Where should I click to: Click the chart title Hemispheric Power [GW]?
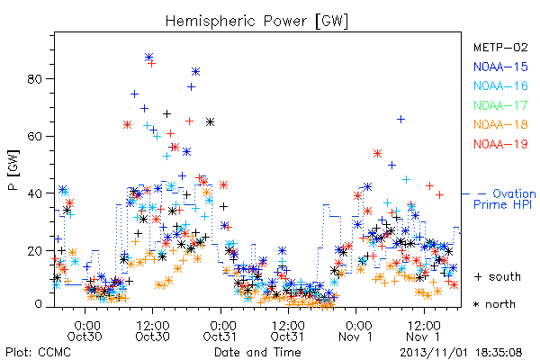256,22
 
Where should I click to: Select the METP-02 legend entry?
500,47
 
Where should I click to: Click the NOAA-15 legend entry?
500,67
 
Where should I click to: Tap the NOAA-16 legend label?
500,85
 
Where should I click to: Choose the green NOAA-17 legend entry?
500,105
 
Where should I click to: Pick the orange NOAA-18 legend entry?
500,124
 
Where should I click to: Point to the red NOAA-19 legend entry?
500,144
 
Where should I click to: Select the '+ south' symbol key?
498,276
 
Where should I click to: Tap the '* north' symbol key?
495,304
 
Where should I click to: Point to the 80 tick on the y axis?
34,79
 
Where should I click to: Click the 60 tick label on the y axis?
34,137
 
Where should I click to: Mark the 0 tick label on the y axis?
39,304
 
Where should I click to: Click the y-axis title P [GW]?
13,170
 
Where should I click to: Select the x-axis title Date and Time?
257,352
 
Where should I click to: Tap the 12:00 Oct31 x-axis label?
289,330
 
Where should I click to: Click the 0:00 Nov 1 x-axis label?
356,330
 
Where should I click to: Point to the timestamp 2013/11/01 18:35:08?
461,353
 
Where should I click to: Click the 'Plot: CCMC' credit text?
38,352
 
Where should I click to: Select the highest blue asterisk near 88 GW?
148,57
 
